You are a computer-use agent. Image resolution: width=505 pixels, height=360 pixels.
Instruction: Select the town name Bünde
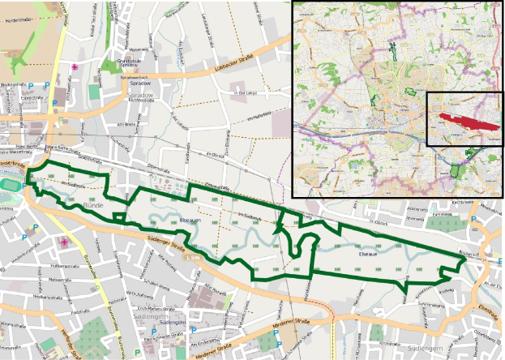95,208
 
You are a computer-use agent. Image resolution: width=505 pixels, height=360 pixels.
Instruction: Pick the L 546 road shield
192,257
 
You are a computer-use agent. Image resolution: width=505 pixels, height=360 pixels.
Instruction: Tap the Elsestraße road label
486,307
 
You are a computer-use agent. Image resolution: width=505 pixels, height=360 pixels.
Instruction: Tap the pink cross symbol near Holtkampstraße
64,242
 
